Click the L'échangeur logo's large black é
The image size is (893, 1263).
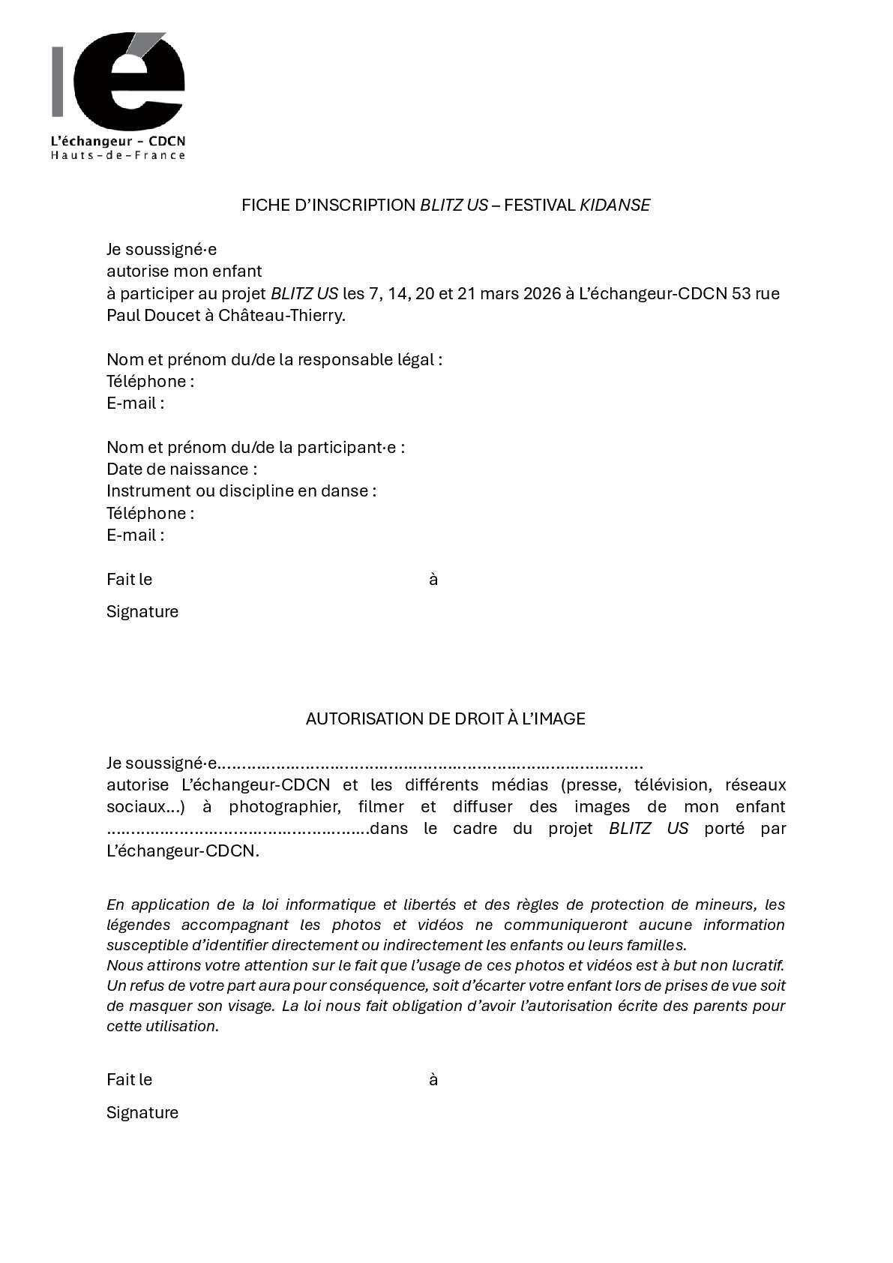pyautogui.click(x=135, y=82)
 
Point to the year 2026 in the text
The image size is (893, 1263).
pyautogui.click(x=541, y=293)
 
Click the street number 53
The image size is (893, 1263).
pyautogui.click(x=742, y=293)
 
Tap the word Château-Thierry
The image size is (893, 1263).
pyautogui.click(x=281, y=315)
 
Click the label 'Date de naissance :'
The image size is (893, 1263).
pyautogui.click(x=181, y=469)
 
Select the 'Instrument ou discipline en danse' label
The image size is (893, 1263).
pyautogui.click(x=241, y=491)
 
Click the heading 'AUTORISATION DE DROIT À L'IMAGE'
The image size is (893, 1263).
pyautogui.click(x=445, y=718)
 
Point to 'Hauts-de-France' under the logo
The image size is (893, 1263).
pyautogui.click(x=118, y=155)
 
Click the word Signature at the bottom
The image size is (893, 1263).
pyautogui.click(x=142, y=1112)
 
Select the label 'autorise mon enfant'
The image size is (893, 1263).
pyautogui.click(x=184, y=271)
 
